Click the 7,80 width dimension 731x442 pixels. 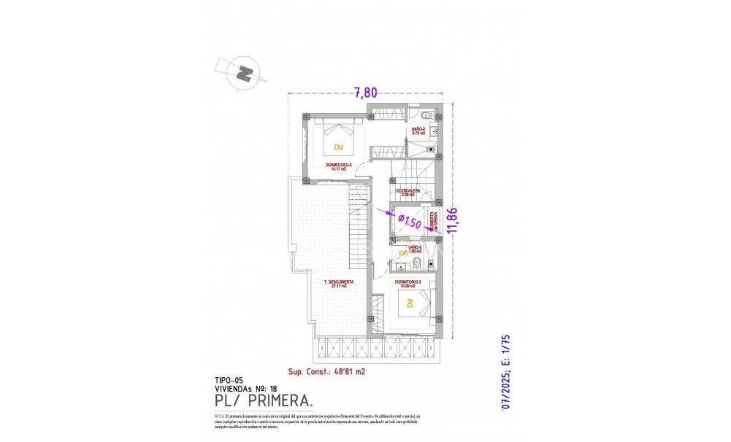pos(366,93)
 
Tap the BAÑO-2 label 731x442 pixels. pos(419,131)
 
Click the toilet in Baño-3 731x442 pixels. pos(416,264)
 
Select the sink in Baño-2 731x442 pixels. pos(434,132)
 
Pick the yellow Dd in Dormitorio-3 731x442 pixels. pos(410,303)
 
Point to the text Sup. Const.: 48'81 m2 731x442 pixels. pos(327,371)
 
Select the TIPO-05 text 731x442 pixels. pos(229,381)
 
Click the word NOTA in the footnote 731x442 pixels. pos(221,414)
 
